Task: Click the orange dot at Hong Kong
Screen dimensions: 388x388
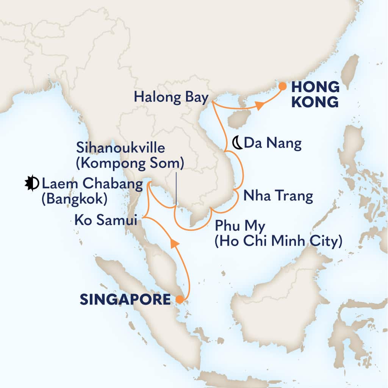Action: pos(282,86)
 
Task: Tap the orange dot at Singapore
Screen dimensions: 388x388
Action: pos(179,300)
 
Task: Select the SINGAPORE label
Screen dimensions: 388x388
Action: pos(125,300)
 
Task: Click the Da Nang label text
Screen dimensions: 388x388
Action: pos(273,143)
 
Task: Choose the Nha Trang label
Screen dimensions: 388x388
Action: pos(278,196)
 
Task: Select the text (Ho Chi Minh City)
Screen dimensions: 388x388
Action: pos(278,241)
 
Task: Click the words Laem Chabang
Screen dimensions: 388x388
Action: pos(92,185)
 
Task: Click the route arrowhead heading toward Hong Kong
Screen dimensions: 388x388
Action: pos(259,108)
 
